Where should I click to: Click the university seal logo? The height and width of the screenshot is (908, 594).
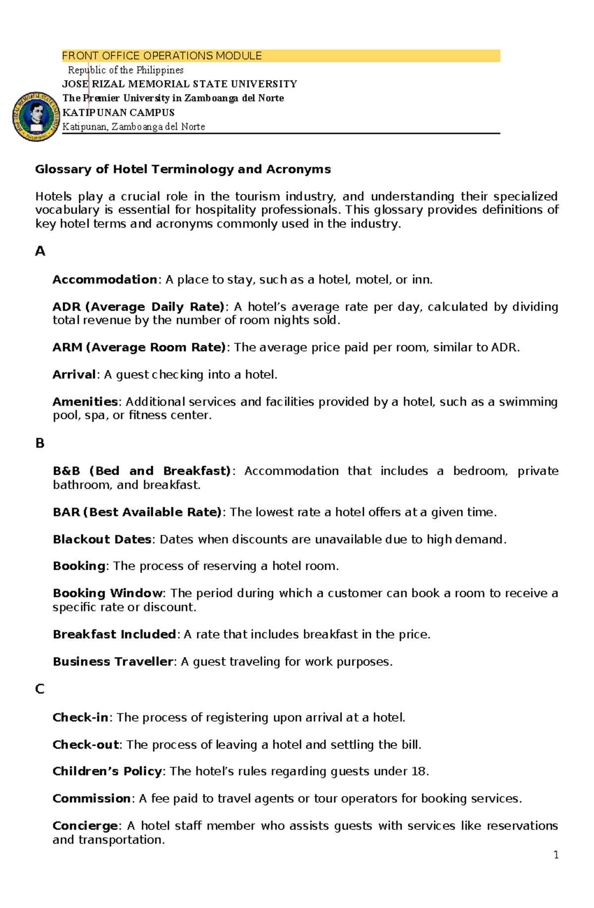tap(36, 117)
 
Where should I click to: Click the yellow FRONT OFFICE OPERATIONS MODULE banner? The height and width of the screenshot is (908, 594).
tap(281, 56)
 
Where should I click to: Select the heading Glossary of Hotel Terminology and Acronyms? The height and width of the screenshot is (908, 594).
tap(183, 169)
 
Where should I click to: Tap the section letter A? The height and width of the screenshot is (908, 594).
tap(40, 251)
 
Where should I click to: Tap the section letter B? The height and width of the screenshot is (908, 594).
tap(40, 443)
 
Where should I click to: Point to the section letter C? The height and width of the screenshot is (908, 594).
tap(40, 689)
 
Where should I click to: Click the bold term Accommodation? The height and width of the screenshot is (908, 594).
tap(105, 280)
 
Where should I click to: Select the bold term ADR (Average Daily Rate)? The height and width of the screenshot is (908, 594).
tap(138, 307)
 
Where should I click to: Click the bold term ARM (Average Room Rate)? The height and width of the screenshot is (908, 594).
tap(139, 347)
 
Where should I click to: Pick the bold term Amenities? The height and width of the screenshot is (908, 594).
tap(85, 402)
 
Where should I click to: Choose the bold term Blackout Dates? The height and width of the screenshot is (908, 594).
tap(102, 539)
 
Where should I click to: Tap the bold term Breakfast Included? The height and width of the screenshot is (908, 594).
tap(114, 634)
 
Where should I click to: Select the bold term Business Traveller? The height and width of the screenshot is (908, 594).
tap(113, 662)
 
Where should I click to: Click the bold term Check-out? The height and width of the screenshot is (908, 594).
tap(86, 745)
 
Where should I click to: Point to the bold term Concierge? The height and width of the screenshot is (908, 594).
tap(85, 826)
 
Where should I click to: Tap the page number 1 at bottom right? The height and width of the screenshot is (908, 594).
tap(556, 855)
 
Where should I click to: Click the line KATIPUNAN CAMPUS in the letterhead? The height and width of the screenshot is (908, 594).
tap(118, 113)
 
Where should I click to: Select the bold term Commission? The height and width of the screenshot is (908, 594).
tap(92, 799)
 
